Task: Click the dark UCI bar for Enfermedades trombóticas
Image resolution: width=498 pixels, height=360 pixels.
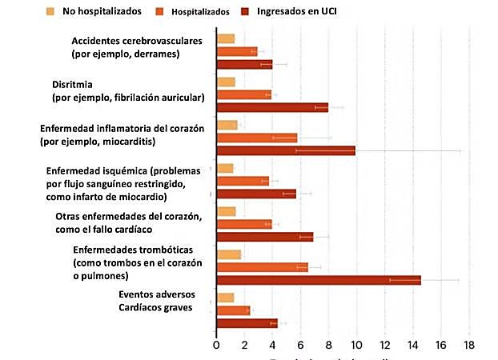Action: (319, 280)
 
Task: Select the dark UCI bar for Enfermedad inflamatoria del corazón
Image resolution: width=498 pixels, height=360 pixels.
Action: (286, 150)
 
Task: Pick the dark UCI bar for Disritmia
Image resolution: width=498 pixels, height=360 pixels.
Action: (272, 106)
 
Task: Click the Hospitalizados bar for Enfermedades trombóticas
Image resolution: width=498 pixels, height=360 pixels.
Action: (263, 267)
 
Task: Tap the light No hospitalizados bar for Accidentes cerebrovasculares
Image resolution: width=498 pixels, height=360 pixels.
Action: (226, 38)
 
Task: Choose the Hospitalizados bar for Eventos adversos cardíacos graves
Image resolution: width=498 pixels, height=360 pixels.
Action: (234, 310)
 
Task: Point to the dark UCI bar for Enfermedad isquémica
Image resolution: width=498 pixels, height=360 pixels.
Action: (256, 193)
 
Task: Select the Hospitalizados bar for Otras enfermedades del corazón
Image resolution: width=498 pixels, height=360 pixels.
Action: (244, 224)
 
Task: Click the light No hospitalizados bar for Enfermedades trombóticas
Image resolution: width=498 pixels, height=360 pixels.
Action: (229, 254)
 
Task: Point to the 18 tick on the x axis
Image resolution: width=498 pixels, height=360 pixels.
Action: (469, 345)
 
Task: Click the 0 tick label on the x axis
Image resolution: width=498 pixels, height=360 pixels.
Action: (217, 345)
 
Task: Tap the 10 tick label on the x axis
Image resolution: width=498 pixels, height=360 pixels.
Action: (356, 345)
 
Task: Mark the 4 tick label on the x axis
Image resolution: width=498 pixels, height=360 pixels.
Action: (273, 345)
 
